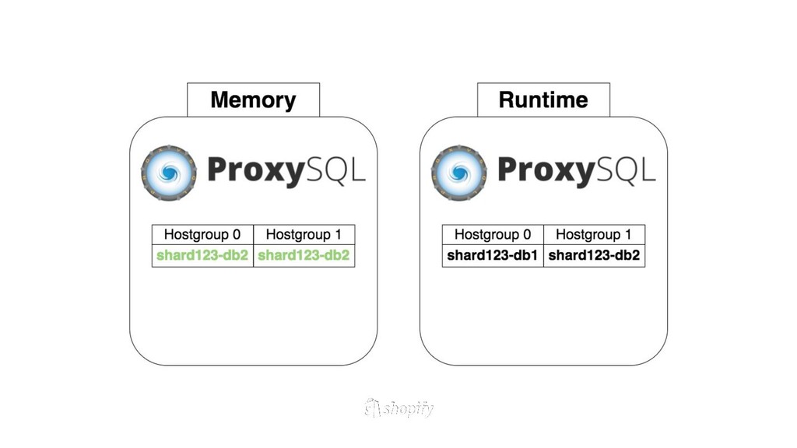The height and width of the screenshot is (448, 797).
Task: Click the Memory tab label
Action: point(253,100)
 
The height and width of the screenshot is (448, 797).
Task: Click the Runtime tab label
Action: point(543,100)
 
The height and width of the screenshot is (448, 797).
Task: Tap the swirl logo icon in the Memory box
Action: point(169,172)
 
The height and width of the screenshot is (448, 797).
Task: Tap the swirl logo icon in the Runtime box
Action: point(459,172)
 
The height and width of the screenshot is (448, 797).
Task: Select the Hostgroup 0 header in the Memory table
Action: point(202,235)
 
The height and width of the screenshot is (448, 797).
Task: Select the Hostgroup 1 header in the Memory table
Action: point(304,235)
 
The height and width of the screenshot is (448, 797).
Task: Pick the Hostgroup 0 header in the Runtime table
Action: point(493,235)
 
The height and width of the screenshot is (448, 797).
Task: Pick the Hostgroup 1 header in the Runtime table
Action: point(594,235)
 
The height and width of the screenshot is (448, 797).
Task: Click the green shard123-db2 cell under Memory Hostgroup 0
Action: point(202,255)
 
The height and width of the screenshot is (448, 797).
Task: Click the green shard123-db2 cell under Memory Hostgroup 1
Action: point(304,255)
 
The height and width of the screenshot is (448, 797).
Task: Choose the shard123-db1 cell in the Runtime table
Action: point(493,255)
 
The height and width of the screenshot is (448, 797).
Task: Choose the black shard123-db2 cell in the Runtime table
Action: point(594,255)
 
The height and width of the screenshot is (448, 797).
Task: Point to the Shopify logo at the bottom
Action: point(398,408)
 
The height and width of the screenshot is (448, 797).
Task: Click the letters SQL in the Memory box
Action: point(334,170)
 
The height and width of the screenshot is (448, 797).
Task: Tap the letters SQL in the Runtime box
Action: point(624,170)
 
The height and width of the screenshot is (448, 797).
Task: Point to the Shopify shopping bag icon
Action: point(373,408)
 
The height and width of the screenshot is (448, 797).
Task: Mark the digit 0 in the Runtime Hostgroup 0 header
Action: point(527,235)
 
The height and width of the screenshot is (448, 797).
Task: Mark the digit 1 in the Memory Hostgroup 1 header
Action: point(338,235)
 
